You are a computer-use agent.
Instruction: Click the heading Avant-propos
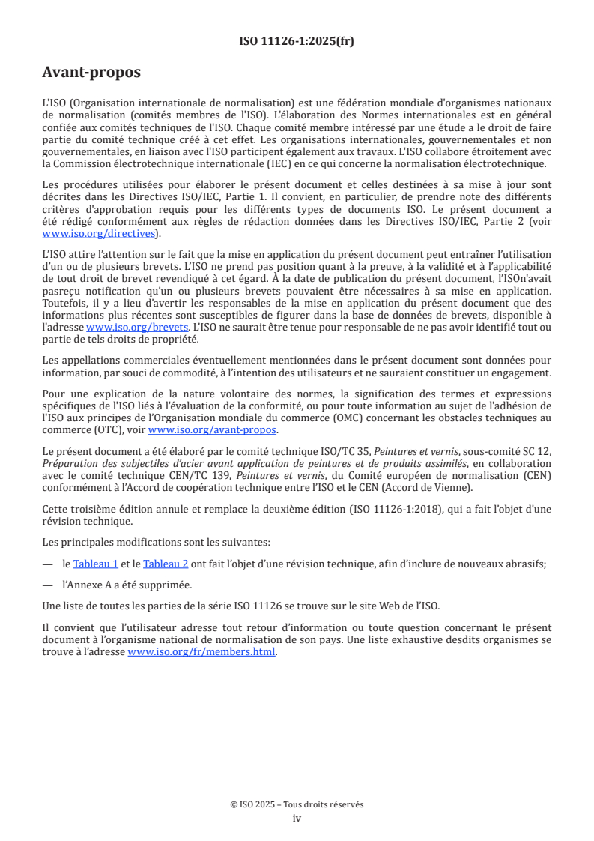(x=91, y=73)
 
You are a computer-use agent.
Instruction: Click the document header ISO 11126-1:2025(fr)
(x=297, y=41)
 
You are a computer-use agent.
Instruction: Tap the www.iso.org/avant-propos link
(x=213, y=429)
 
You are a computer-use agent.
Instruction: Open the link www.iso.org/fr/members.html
(x=202, y=652)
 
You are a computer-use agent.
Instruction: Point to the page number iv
(x=297, y=819)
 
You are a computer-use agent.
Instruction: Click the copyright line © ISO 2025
(x=297, y=804)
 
